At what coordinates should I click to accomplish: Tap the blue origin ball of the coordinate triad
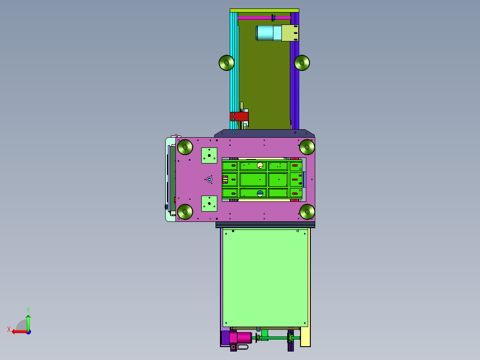coord(28,331)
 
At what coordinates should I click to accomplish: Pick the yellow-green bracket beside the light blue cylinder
coord(290,33)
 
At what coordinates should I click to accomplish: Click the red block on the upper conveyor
coord(239,116)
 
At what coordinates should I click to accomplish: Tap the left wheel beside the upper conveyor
coord(226,63)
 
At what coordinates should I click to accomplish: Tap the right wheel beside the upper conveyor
coord(302,63)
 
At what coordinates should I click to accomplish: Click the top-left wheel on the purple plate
coord(185,147)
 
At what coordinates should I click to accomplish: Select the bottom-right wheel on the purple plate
coord(307,212)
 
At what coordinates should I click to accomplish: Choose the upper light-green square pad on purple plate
coord(209,155)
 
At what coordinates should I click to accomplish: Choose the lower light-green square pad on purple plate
coord(209,204)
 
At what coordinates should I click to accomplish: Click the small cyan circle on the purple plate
coord(209,179)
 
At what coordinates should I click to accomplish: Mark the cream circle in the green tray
coord(260,165)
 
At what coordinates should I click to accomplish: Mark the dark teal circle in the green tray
coord(260,193)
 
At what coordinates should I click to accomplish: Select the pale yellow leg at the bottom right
coord(305,336)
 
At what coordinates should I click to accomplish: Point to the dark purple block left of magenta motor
coord(225,337)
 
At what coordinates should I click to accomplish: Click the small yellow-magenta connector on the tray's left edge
coord(225,180)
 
